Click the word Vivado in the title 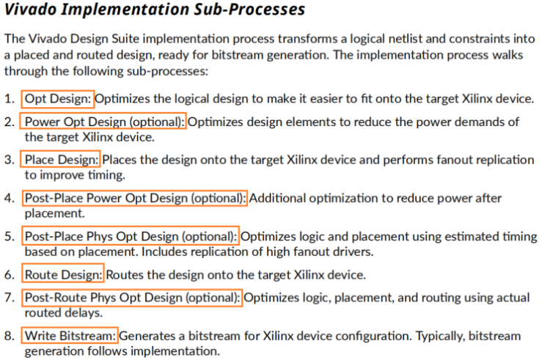(30, 10)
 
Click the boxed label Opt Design (57, 99)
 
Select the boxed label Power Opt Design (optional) (103, 122)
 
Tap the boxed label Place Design (60, 160)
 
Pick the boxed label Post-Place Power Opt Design (135, 198)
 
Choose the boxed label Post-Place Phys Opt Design (131, 236)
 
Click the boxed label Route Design (62, 275)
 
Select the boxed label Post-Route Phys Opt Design (132, 298)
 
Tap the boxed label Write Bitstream (70, 336)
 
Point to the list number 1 (9, 99)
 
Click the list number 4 (9, 198)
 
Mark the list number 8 (9, 336)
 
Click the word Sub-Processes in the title (249, 10)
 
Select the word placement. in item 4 (54, 213)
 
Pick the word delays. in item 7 (83, 313)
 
